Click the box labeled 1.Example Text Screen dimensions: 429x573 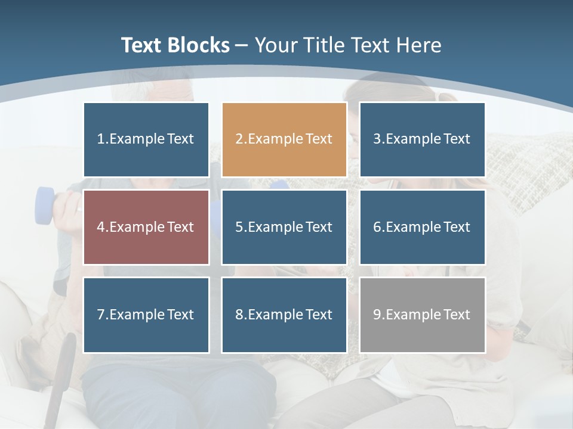146,139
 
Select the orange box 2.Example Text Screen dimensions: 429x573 284,139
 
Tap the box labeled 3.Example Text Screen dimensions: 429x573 422,139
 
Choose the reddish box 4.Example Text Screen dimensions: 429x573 146,227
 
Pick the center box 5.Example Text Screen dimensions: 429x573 284,227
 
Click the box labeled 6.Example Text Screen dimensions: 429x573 422,227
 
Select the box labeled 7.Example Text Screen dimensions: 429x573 146,315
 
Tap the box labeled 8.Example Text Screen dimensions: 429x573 284,315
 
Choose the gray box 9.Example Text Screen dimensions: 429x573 422,315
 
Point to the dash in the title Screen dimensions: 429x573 242,44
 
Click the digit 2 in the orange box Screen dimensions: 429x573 239,139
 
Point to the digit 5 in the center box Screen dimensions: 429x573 239,227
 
